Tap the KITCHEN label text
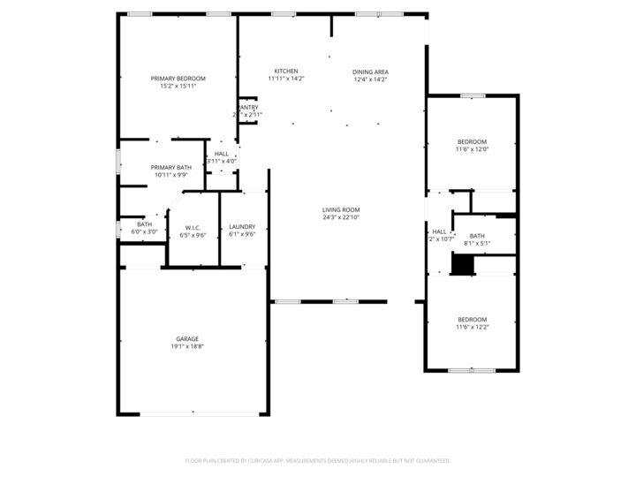pos(285,71)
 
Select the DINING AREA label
pos(370,72)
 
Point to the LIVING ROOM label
pos(340,209)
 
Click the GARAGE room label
pos(186,338)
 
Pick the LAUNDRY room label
pos(241,227)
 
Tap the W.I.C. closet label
pos(193,228)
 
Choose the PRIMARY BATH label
pos(170,167)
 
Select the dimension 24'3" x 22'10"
pos(340,217)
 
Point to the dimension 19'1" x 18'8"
pos(186,346)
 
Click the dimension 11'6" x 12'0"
pos(472,149)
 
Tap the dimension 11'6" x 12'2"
pos(472,327)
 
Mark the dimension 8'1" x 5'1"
pos(477,243)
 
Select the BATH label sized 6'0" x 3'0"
pos(144,224)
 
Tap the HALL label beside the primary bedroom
pos(221,154)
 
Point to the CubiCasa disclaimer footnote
pos(317,460)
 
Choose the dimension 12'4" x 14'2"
pos(370,79)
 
